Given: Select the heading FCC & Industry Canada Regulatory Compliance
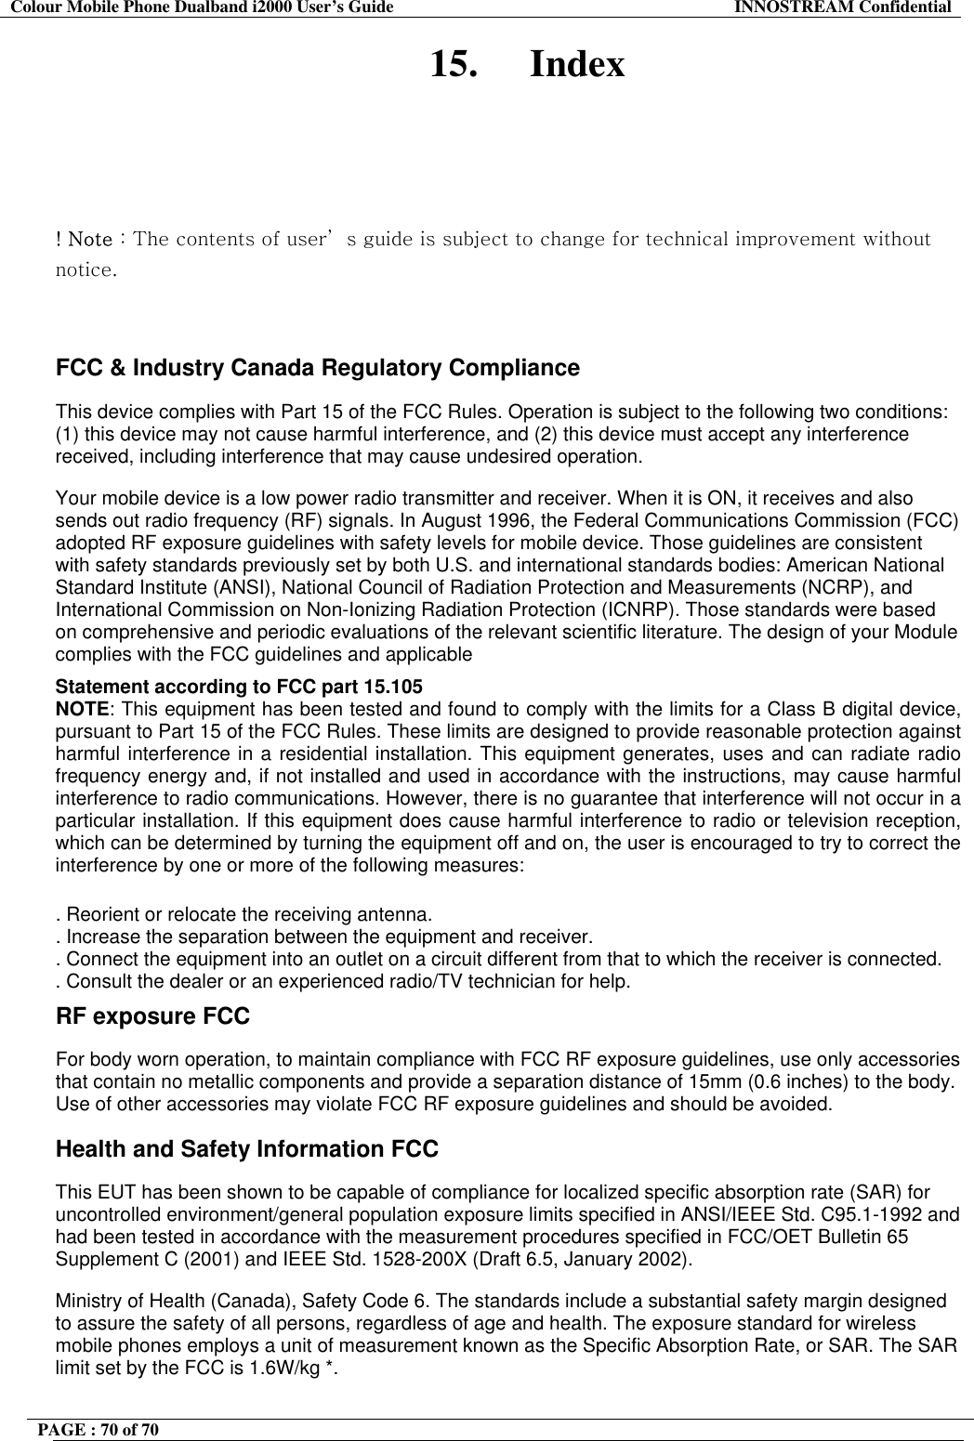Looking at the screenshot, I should tap(318, 369).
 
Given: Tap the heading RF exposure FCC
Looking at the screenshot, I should tap(153, 1017).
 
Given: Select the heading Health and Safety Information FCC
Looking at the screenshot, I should tap(247, 1150).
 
